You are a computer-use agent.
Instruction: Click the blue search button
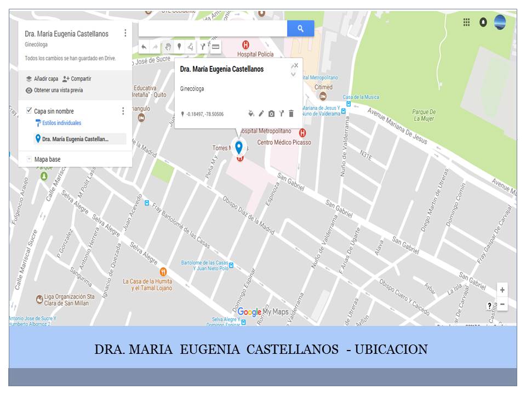[300, 29]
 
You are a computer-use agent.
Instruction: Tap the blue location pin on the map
[239, 146]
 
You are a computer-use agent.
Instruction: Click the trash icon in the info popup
[291, 114]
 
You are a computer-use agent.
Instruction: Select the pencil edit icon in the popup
[261, 114]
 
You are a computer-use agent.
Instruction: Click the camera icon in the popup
[271, 114]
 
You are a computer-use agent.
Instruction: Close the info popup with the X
[296, 65]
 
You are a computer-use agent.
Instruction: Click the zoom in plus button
[502, 290]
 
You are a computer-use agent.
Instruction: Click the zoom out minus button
[502, 304]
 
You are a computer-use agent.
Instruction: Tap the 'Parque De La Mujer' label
[424, 115]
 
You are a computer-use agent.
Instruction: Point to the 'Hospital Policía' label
[255, 54]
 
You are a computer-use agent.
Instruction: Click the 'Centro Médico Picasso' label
[284, 142]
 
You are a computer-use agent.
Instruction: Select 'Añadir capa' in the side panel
[45, 79]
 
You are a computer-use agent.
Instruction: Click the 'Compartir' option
[81, 79]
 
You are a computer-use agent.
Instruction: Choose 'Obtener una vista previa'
[58, 91]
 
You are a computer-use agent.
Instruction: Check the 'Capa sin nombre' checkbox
[29, 111]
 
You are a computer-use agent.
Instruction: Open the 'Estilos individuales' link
[61, 123]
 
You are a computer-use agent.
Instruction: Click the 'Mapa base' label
[47, 159]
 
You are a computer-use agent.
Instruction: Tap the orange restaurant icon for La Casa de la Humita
[163, 272]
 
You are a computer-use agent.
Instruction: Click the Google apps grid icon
[466, 22]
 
